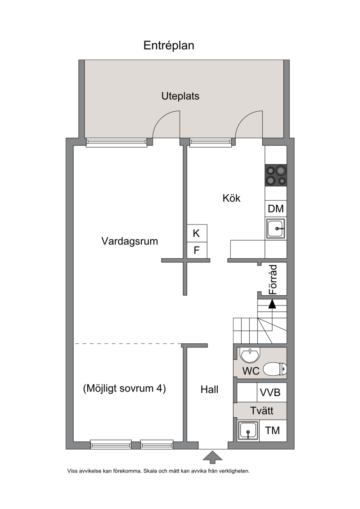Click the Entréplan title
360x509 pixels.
[x=169, y=45]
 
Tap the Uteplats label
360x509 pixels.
[x=180, y=96]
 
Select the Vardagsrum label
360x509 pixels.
[x=130, y=241]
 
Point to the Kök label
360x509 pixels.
[x=231, y=198]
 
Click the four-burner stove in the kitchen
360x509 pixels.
[x=276, y=176]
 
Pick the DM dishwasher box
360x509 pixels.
[x=276, y=209]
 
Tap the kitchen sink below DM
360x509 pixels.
[x=276, y=228]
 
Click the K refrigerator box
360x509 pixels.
[x=197, y=233]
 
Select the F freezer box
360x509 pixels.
[x=197, y=250]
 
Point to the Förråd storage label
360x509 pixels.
[x=274, y=279]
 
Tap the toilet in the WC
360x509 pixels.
[x=274, y=369]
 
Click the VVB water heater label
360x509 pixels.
[x=270, y=393]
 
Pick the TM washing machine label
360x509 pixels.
[x=272, y=431]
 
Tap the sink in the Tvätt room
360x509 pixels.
[x=248, y=431]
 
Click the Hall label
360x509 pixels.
[x=209, y=390]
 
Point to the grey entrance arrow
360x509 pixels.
[x=212, y=457]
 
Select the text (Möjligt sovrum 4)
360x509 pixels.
[x=124, y=388]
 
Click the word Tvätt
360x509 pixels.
[x=261, y=410]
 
